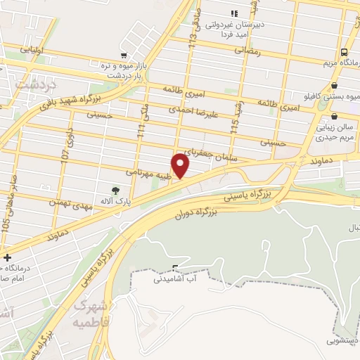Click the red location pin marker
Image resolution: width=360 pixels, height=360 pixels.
coord(181,165)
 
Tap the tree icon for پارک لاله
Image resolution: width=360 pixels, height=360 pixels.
coord(115,190)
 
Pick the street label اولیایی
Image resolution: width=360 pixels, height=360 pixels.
coord(34,50)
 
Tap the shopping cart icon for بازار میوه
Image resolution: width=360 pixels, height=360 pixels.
coord(124,56)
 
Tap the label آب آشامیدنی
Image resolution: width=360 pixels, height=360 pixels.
coord(175,279)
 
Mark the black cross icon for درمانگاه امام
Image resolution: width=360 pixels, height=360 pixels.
coord(7,258)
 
